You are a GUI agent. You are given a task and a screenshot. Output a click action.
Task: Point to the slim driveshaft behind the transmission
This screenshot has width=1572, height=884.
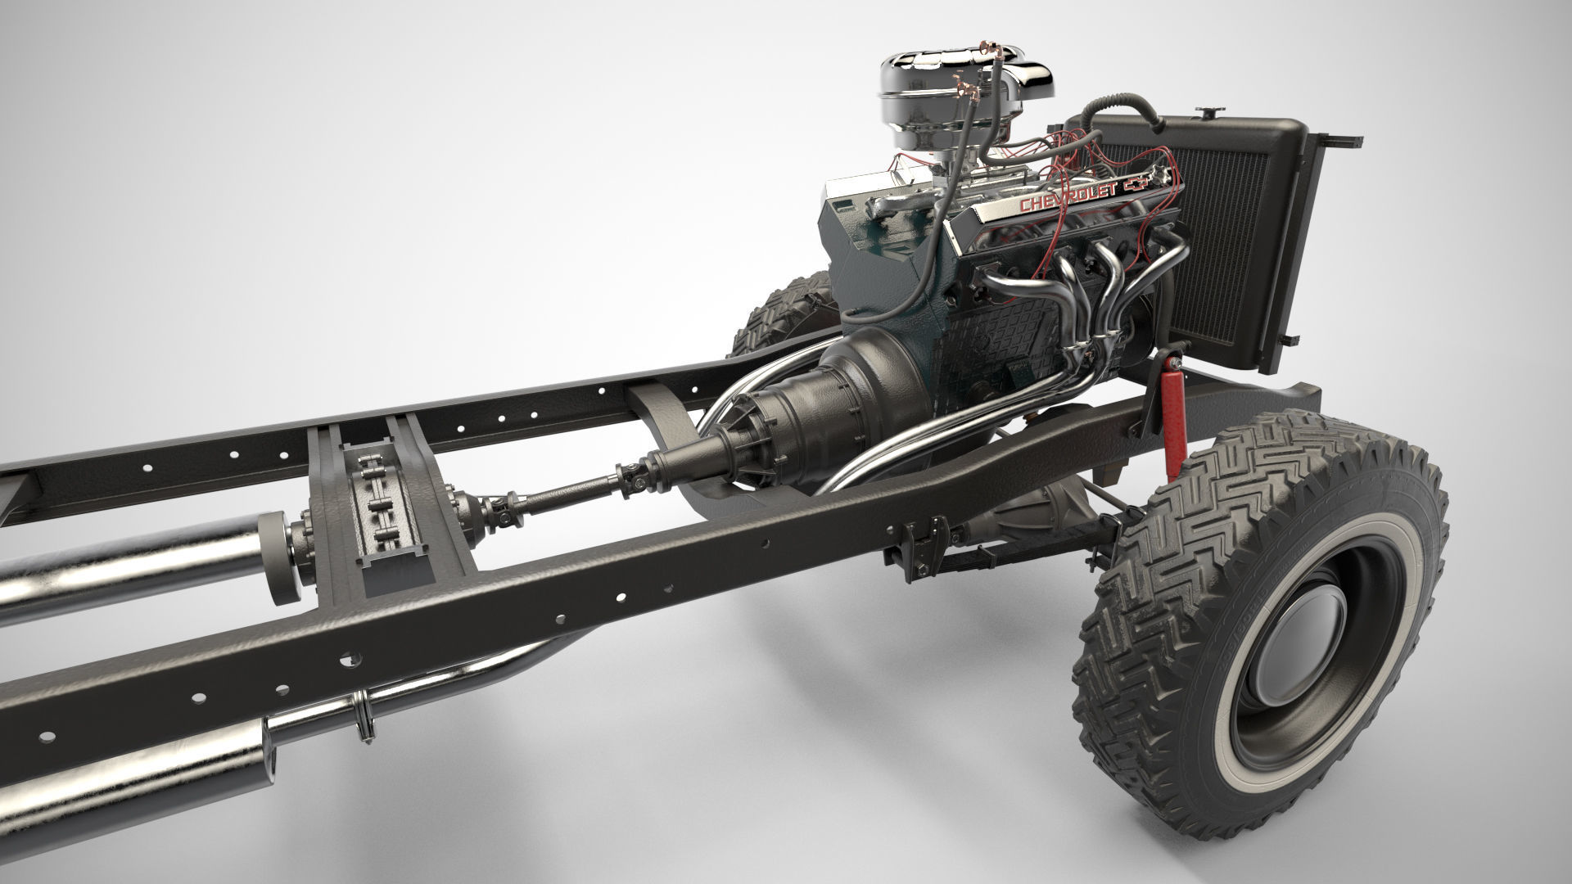tap(565, 493)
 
